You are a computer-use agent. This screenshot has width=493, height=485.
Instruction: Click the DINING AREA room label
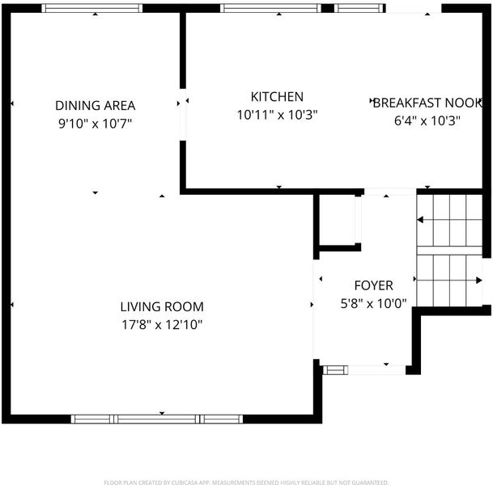[x=96, y=105]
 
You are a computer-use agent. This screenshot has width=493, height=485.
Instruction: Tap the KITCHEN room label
[x=277, y=97]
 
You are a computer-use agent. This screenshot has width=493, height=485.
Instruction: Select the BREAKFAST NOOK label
[x=427, y=103]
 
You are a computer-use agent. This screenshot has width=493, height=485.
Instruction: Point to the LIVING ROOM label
[x=162, y=306]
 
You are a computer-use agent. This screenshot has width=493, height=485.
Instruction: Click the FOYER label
[x=373, y=285]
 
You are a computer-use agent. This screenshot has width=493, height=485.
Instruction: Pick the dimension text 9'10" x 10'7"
[x=95, y=124]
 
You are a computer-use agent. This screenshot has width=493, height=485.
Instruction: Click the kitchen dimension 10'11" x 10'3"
[x=277, y=115]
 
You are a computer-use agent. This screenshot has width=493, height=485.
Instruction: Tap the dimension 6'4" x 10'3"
[x=427, y=120]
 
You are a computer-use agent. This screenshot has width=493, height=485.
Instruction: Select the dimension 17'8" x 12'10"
[x=162, y=325]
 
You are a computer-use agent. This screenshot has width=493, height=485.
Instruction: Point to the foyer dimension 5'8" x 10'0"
[x=373, y=304]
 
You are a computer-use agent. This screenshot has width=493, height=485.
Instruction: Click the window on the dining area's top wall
[x=92, y=8]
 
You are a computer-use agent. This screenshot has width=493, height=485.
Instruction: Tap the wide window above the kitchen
[x=270, y=8]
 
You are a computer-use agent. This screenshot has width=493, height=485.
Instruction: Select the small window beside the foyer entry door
[x=335, y=370]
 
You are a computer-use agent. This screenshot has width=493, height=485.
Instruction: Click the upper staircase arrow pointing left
[x=449, y=220]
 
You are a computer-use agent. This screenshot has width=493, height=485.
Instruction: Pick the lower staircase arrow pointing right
[x=449, y=280]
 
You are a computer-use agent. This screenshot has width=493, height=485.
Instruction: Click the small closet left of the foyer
[x=338, y=220]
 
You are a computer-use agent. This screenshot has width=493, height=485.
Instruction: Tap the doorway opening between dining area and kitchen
[x=183, y=115]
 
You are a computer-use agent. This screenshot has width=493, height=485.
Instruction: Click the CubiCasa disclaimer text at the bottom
[x=246, y=483]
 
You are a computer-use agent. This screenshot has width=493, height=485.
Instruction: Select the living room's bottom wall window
[x=157, y=419]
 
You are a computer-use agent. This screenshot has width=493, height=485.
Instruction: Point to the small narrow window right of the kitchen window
[x=359, y=8]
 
